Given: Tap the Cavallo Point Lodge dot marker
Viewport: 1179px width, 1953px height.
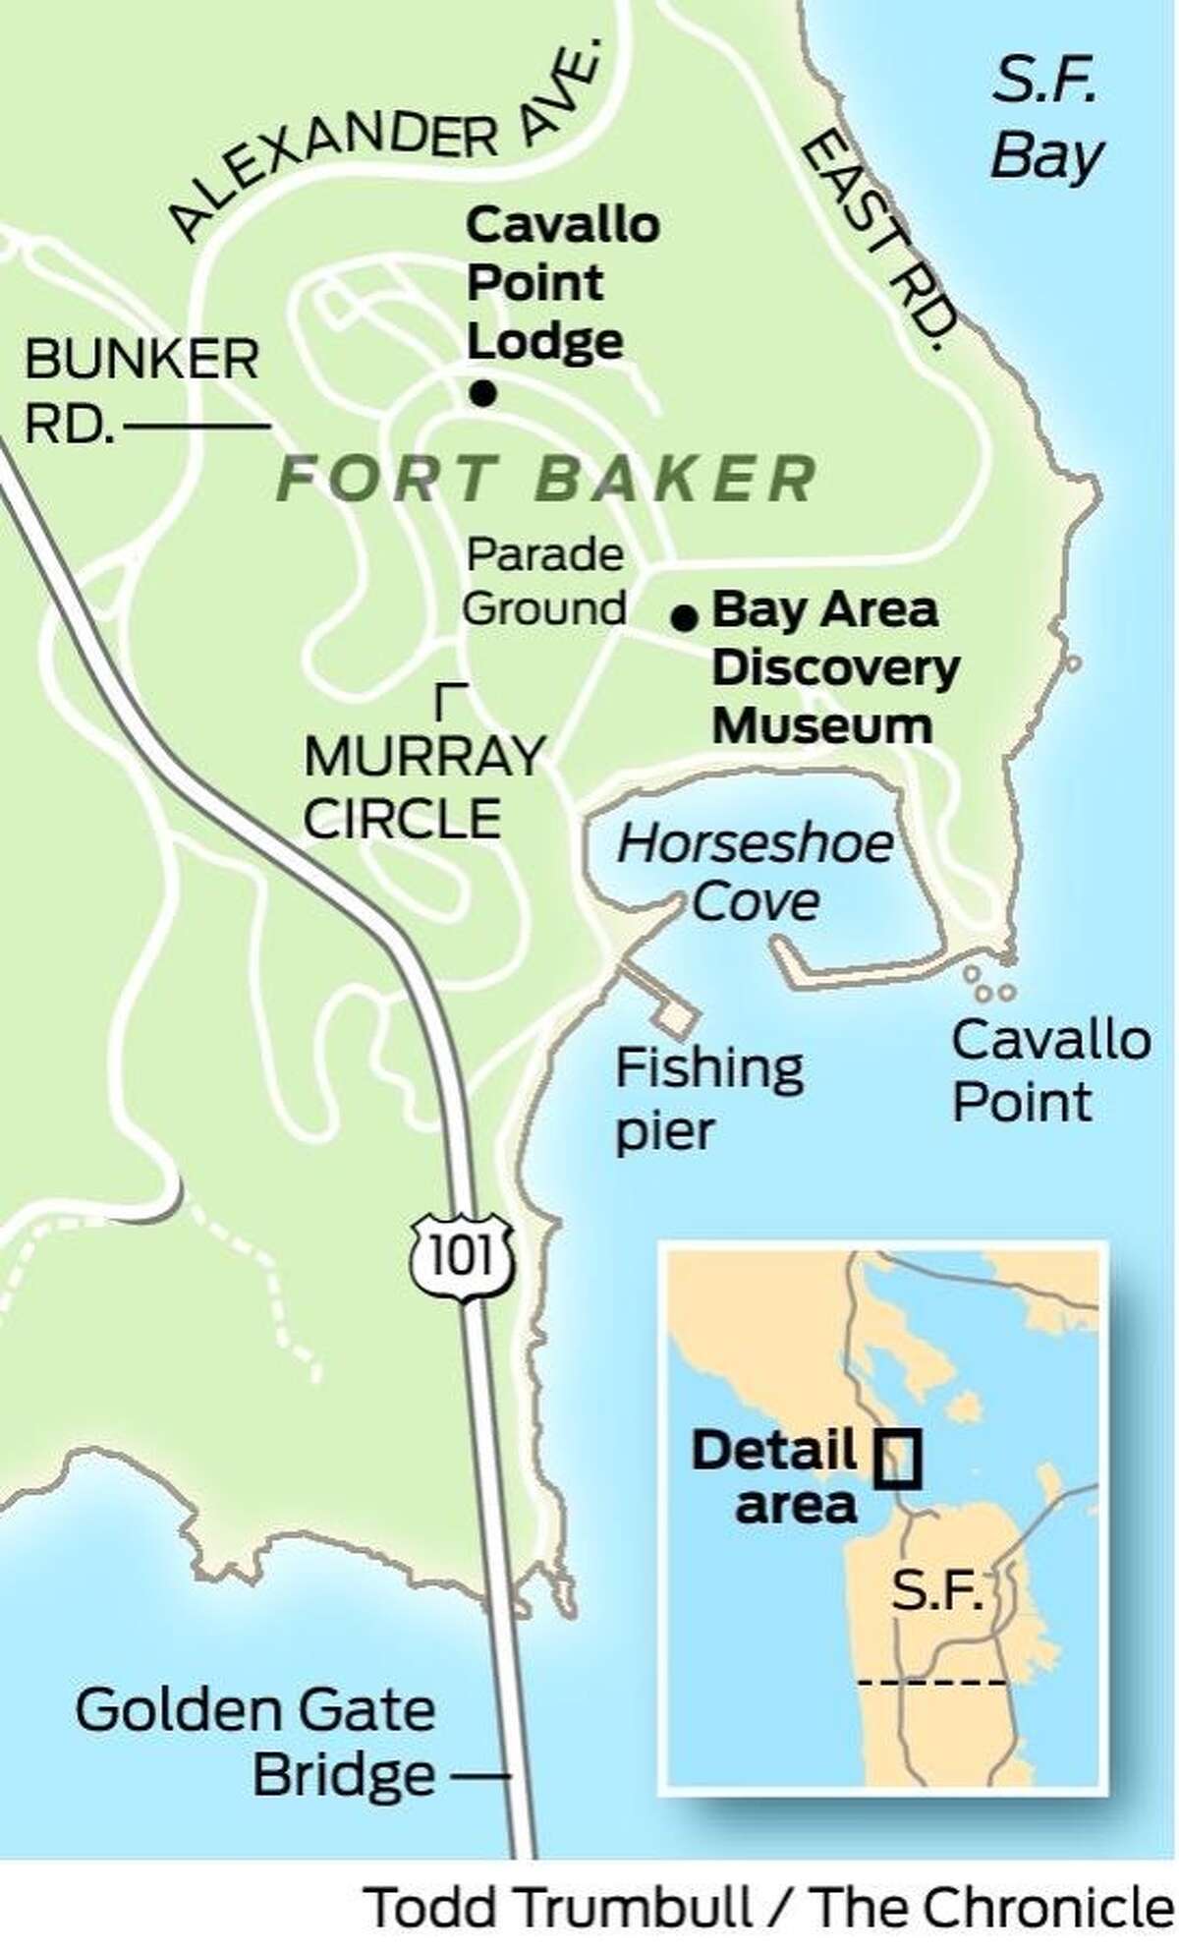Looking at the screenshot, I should (x=481, y=395).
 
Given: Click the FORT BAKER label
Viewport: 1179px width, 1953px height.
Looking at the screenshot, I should (x=546, y=479).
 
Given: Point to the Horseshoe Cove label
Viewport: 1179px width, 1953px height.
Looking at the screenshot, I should (x=756, y=872).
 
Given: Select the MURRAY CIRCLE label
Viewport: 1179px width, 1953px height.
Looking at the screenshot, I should (x=423, y=786).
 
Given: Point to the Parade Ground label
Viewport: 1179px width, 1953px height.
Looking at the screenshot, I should (x=544, y=582).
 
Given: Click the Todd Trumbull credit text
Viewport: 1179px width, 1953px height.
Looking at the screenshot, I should (x=771, y=1910).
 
